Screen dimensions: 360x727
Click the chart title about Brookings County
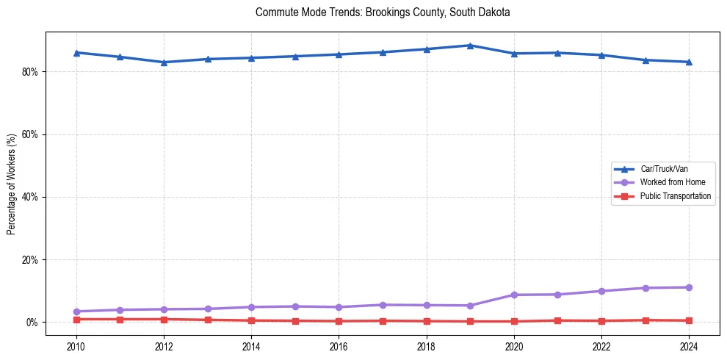(x=383, y=12)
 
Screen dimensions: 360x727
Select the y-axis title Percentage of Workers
(x=11, y=184)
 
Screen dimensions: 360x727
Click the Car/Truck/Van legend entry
(x=664, y=169)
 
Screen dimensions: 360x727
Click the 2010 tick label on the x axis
(x=76, y=345)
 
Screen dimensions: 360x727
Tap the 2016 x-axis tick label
(x=339, y=345)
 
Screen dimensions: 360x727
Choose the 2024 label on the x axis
(x=689, y=345)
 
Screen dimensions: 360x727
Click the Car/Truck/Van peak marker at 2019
(x=470, y=46)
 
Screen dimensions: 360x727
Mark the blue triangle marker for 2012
(x=164, y=62)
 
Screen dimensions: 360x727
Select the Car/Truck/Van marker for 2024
(x=689, y=62)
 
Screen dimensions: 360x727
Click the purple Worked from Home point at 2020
(x=514, y=295)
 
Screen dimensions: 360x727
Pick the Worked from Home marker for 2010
(x=76, y=312)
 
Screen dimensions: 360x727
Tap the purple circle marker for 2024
(x=689, y=287)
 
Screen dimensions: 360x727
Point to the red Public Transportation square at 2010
(x=76, y=320)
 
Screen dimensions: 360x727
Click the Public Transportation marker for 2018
(x=426, y=321)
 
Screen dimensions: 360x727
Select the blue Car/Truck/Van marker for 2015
(x=295, y=56)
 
